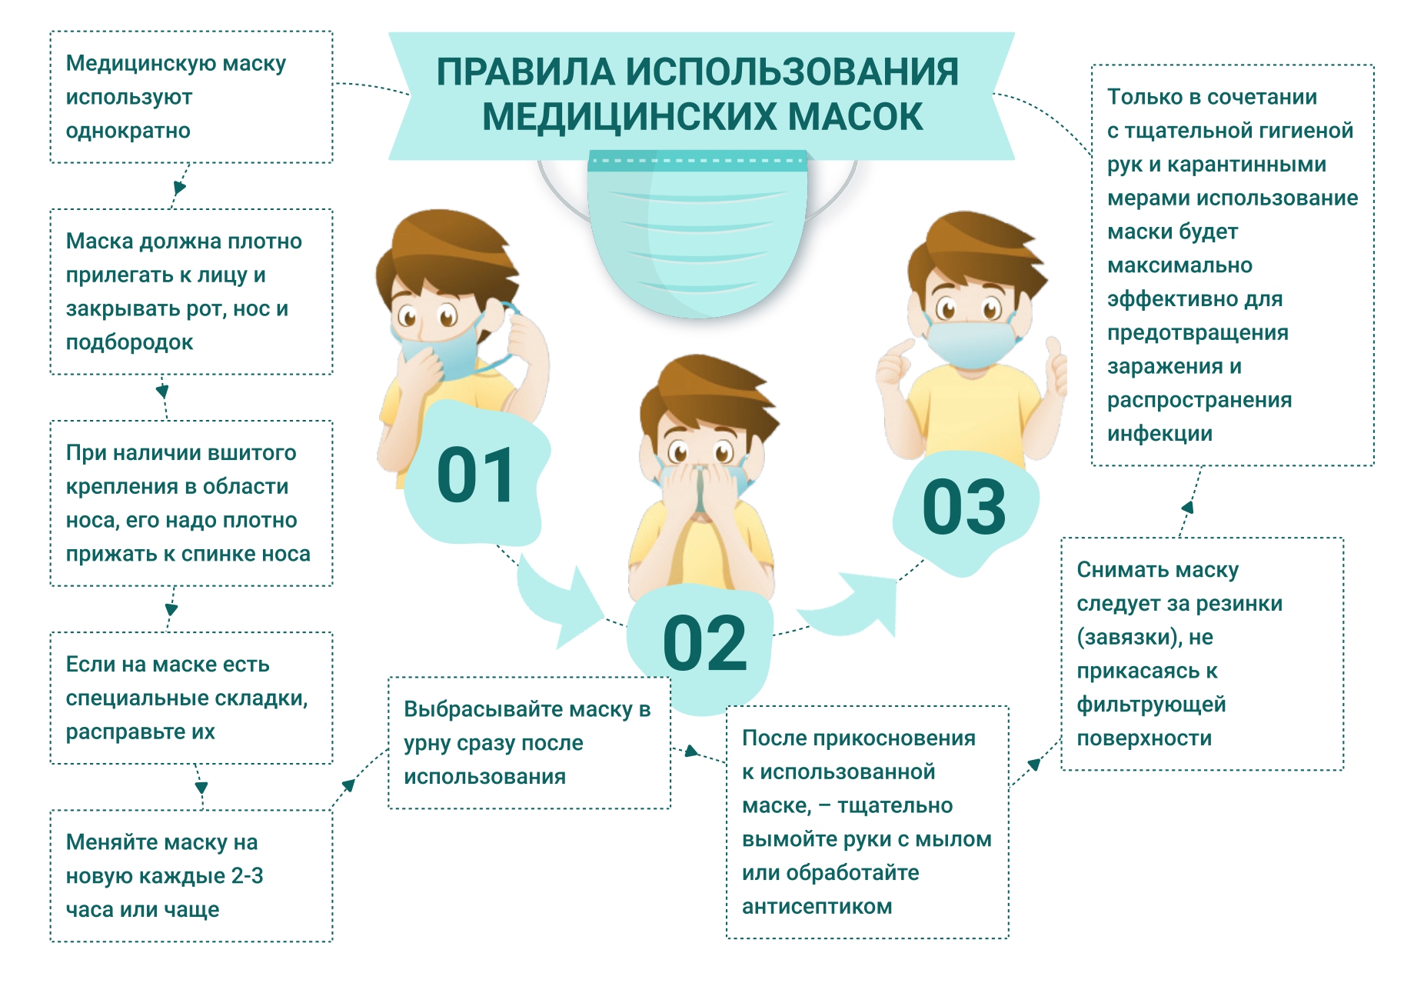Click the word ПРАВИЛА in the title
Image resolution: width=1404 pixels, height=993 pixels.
click(526, 72)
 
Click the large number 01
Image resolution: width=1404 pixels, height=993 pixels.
click(476, 475)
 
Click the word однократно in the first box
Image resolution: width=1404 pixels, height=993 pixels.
click(128, 131)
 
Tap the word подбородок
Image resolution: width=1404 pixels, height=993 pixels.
click(129, 342)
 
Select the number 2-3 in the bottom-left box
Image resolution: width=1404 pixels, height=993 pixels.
click(247, 876)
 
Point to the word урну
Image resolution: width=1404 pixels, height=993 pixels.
click(427, 744)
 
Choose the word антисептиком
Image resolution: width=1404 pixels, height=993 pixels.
click(817, 907)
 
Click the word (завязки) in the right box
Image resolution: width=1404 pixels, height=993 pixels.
click(1130, 638)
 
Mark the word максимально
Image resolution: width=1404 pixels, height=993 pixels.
click(1179, 265)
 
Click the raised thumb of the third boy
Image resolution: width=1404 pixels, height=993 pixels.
click(1053, 354)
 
